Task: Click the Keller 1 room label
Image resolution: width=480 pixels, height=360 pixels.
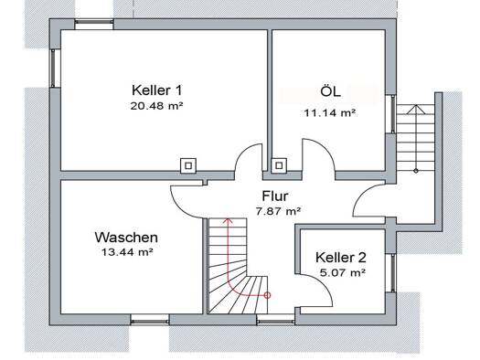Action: coord(156,90)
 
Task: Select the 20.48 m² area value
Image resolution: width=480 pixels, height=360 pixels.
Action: coord(156,106)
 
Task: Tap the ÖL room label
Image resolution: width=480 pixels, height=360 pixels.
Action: coord(330,90)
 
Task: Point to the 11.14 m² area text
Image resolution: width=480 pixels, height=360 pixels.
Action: coord(330,113)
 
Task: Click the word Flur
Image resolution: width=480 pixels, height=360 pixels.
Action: coord(275,196)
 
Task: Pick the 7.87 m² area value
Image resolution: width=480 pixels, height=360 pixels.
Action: coord(278,211)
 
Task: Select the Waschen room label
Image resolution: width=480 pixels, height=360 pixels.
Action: coord(126,238)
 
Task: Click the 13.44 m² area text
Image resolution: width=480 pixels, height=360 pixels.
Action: coord(127,252)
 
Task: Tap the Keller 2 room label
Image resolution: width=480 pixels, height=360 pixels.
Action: coord(341,258)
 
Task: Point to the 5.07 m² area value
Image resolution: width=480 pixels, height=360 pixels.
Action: coord(343,272)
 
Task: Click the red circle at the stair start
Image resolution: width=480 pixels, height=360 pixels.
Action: coord(267,295)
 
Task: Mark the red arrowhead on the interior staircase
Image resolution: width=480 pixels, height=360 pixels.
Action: coord(228,220)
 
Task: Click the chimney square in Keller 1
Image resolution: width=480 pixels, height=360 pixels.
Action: coord(188,165)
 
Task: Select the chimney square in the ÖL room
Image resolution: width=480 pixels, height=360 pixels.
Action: coord(279,165)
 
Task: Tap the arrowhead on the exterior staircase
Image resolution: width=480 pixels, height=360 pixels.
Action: coord(416,110)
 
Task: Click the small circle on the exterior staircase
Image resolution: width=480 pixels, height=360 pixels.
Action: coord(416,171)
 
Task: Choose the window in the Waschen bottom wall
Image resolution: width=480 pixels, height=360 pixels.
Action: coord(150,320)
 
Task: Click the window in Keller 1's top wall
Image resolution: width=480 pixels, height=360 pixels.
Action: coord(93,24)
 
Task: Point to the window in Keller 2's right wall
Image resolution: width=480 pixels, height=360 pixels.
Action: coord(390,272)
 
